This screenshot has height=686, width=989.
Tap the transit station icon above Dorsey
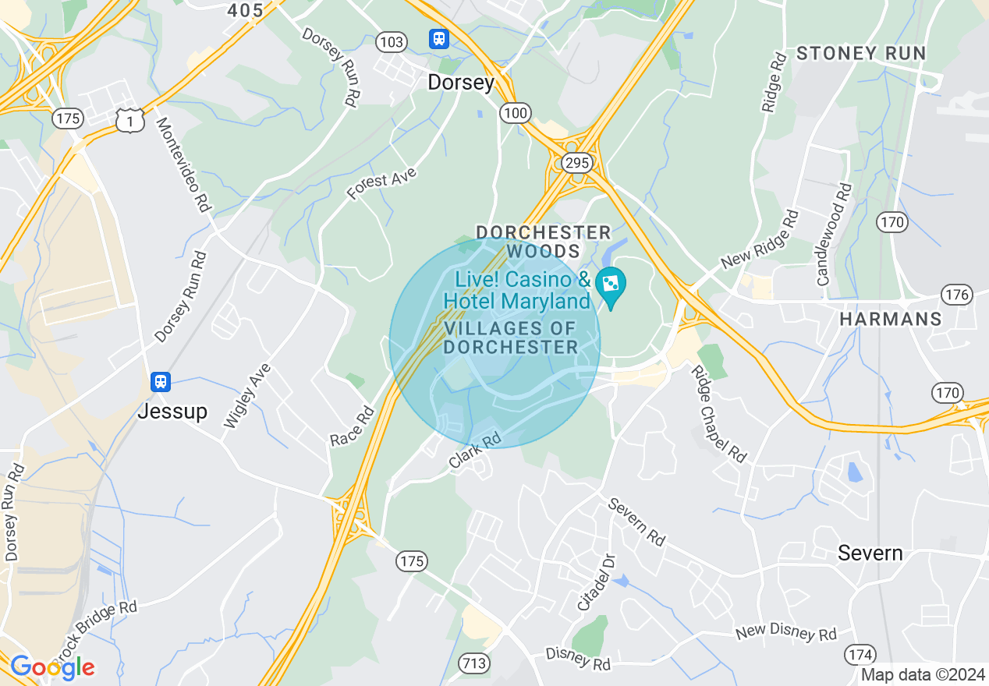click(438, 38)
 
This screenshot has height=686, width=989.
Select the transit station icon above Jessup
click(161, 381)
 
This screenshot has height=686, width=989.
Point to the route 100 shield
click(516, 113)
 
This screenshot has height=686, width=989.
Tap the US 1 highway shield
click(130, 119)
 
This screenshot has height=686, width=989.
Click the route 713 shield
click(473, 663)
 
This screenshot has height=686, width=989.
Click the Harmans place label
click(890, 319)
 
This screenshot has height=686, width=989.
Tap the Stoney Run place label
click(861, 54)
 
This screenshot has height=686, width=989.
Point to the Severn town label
click(870, 553)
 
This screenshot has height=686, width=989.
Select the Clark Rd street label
click(474, 451)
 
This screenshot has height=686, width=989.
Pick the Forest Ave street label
click(381, 185)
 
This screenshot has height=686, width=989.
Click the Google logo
click(52, 667)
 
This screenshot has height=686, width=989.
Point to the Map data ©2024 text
click(923, 674)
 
